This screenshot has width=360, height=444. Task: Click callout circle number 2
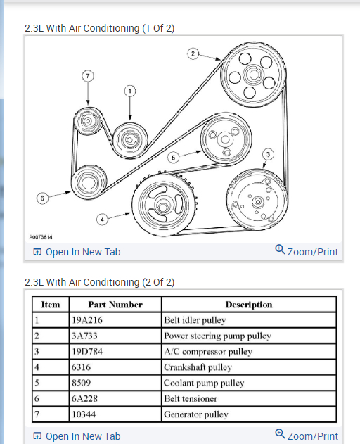point(193,53)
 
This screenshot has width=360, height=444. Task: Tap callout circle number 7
point(88,76)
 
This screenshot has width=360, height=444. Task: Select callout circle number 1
point(130,91)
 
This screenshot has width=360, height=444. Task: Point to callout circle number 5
point(173,158)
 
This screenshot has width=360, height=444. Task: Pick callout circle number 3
point(268,154)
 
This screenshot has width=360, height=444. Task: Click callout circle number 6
point(42,198)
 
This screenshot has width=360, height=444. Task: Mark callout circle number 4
point(102,220)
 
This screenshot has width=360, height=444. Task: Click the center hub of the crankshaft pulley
point(162,207)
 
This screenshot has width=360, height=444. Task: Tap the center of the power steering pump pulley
point(254,75)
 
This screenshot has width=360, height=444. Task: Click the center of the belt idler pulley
point(130,140)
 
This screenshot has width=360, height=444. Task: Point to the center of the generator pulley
point(88,121)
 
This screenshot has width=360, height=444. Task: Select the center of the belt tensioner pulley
point(88,182)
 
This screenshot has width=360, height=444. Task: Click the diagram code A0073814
point(41,237)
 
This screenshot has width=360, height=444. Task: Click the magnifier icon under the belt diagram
point(280,250)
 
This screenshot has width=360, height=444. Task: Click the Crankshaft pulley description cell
point(249,367)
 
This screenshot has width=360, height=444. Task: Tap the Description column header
point(249,305)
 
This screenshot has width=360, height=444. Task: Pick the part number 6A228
point(84,399)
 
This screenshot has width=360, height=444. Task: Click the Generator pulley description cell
point(249,414)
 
